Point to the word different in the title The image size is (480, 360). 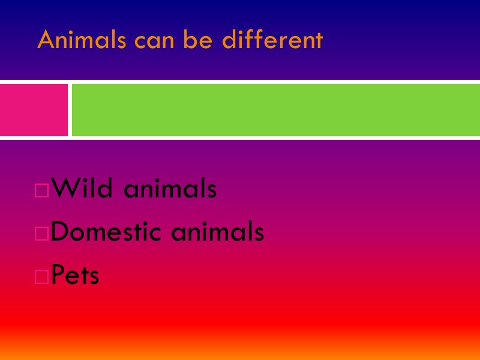tap(272, 40)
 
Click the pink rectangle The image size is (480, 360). tap(34, 110)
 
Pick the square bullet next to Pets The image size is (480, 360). tap(42, 277)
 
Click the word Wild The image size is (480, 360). tap(82, 190)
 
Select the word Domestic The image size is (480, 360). tap(108, 232)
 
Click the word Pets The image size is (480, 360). tap(76, 275)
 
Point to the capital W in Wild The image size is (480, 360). tap(64, 190)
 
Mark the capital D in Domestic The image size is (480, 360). tap(59, 232)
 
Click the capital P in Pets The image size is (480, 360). tap(58, 275)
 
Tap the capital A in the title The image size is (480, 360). tap(46, 41)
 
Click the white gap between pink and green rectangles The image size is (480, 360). tap(70, 110)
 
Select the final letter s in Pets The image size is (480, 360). tap(94, 278)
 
